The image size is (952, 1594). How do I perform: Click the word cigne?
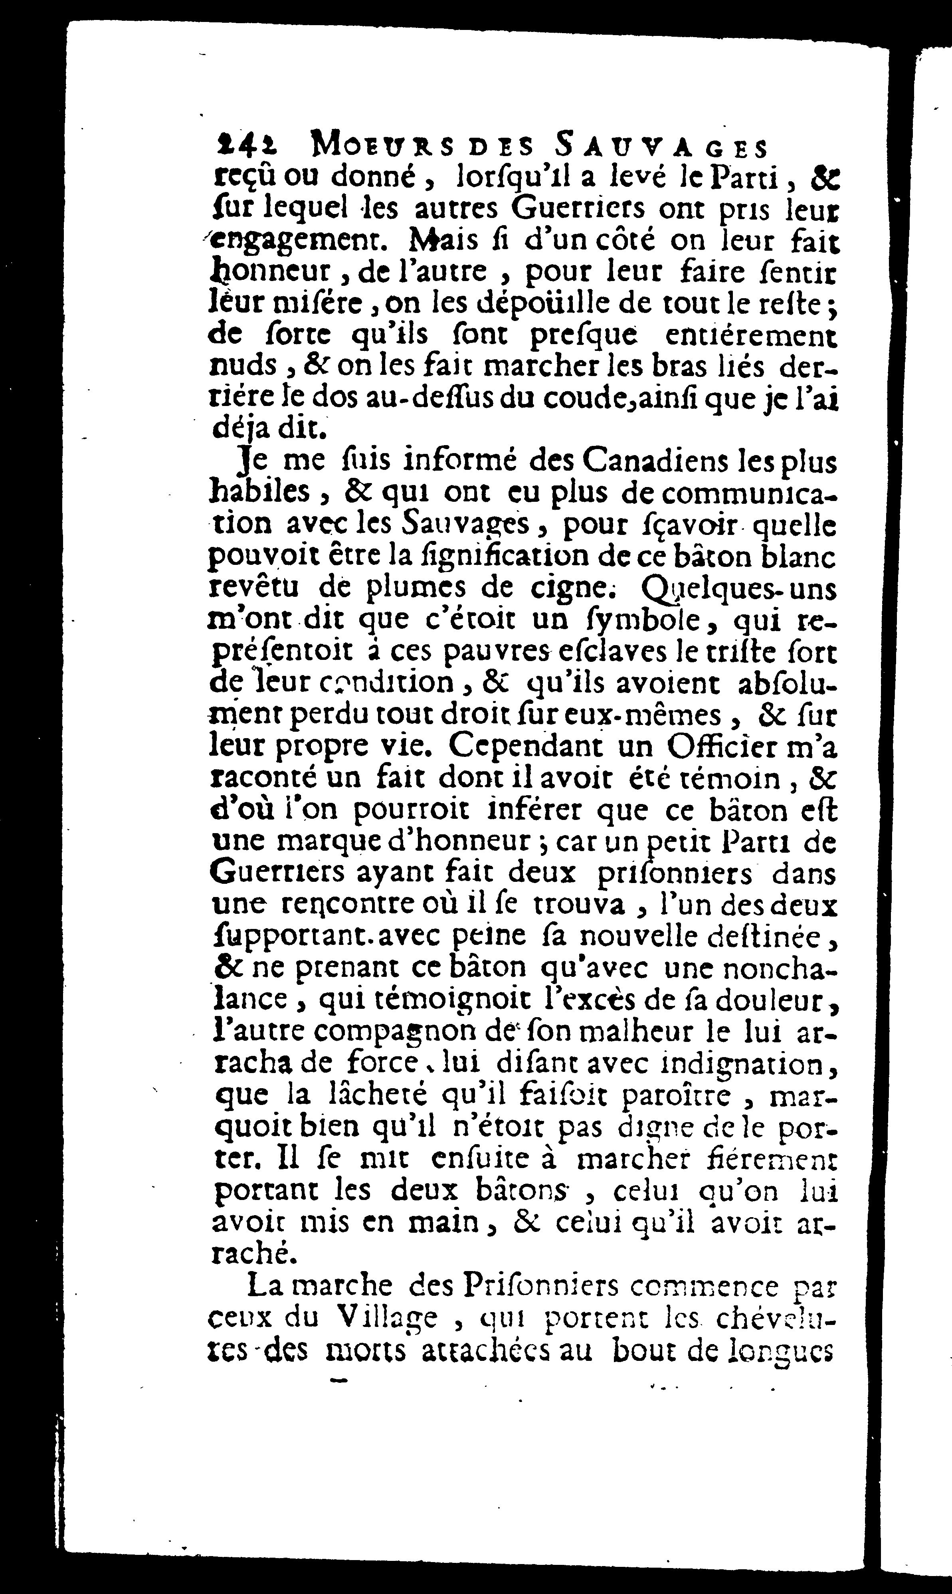562,588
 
